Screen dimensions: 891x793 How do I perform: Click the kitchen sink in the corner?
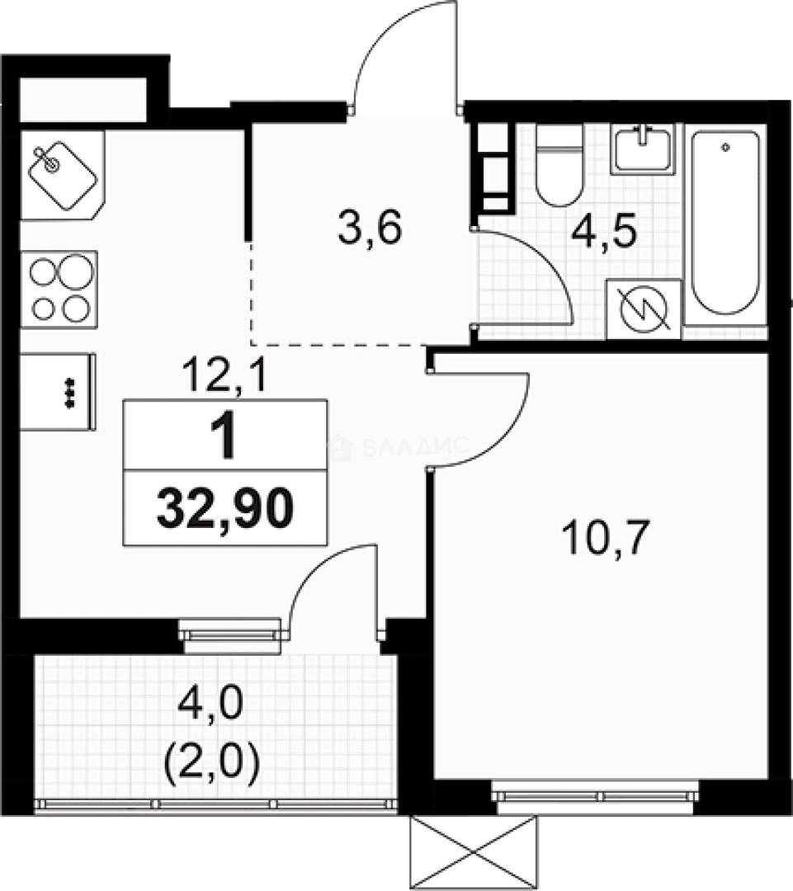coord(62,174)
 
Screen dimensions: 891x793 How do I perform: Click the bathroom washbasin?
coord(643,148)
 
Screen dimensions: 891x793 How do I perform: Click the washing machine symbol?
coord(644,309)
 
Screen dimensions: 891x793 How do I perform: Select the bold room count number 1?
coord(224,438)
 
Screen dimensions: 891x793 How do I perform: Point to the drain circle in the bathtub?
coord(725,148)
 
